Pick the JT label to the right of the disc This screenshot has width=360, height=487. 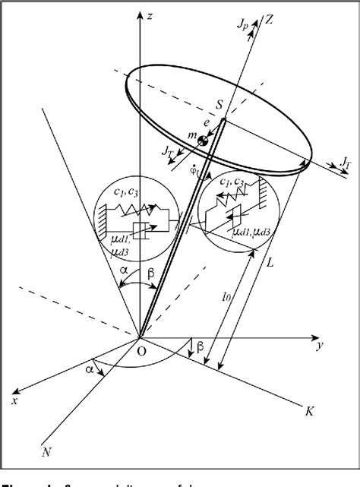click(346, 163)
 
